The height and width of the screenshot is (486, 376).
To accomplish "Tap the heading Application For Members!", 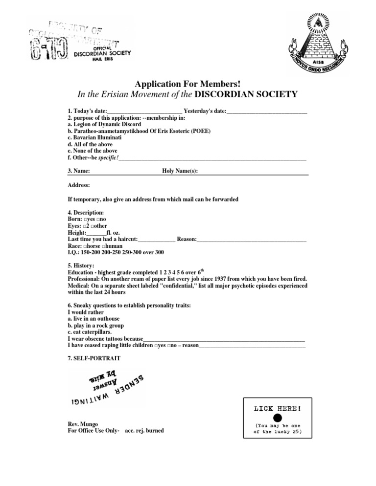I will [x=188, y=84].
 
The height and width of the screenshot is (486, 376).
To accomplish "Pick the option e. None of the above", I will [x=93, y=151].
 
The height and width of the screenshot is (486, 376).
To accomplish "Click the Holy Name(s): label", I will [x=180, y=171].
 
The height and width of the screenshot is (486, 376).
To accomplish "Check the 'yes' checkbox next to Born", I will [x=85, y=220].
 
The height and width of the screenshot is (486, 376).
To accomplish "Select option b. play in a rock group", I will [x=95, y=325].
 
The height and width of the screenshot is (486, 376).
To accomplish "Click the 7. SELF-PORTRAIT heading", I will [x=94, y=358].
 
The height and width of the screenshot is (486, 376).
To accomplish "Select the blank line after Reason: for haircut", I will [x=251, y=240].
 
